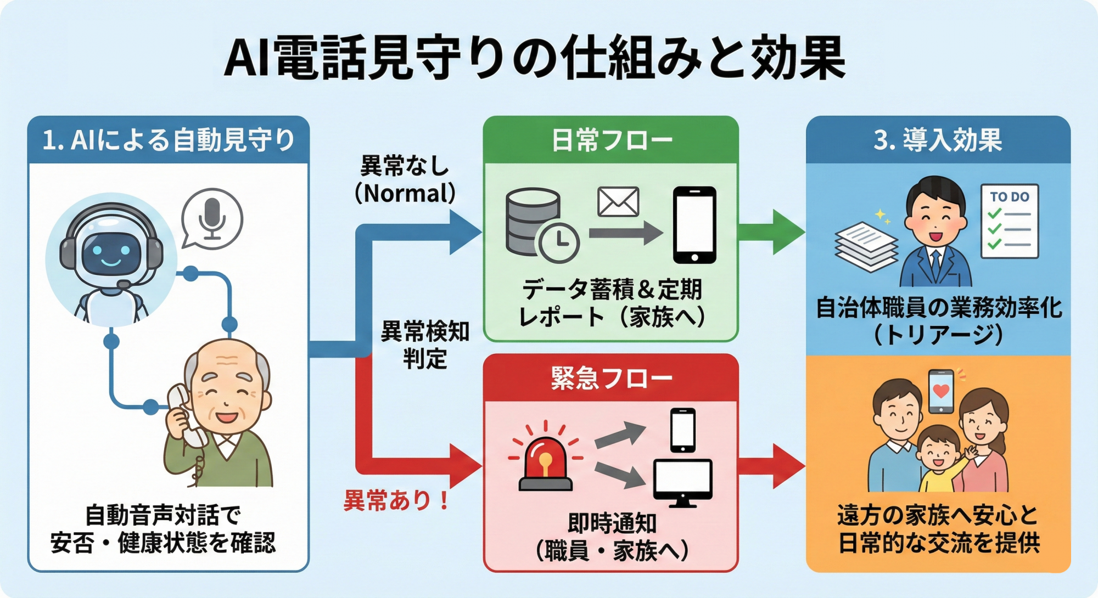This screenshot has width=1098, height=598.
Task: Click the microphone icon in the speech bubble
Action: click(212, 218)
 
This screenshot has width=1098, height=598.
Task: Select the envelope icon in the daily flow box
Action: click(618, 201)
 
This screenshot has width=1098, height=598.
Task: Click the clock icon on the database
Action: click(559, 241)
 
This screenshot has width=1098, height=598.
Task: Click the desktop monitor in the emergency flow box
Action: click(682, 481)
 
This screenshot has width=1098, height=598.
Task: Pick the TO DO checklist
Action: click(1010, 221)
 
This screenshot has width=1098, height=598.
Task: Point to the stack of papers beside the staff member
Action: click(866, 246)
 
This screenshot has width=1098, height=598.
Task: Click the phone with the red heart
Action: click(941, 391)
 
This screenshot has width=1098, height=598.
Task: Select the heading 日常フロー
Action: click(611, 140)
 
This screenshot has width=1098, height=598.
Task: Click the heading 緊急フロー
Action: click(611, 378)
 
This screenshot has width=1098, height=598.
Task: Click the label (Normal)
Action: click(405, 193)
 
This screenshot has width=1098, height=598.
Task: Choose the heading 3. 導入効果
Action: click(938, 140)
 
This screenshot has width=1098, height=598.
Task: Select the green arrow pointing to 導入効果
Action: click(771, 232)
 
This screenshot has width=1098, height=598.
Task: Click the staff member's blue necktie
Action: click(935, 263)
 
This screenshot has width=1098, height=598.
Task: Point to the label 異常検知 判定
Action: click(425, 345)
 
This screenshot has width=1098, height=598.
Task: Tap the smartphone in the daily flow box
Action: click(694, 225)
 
